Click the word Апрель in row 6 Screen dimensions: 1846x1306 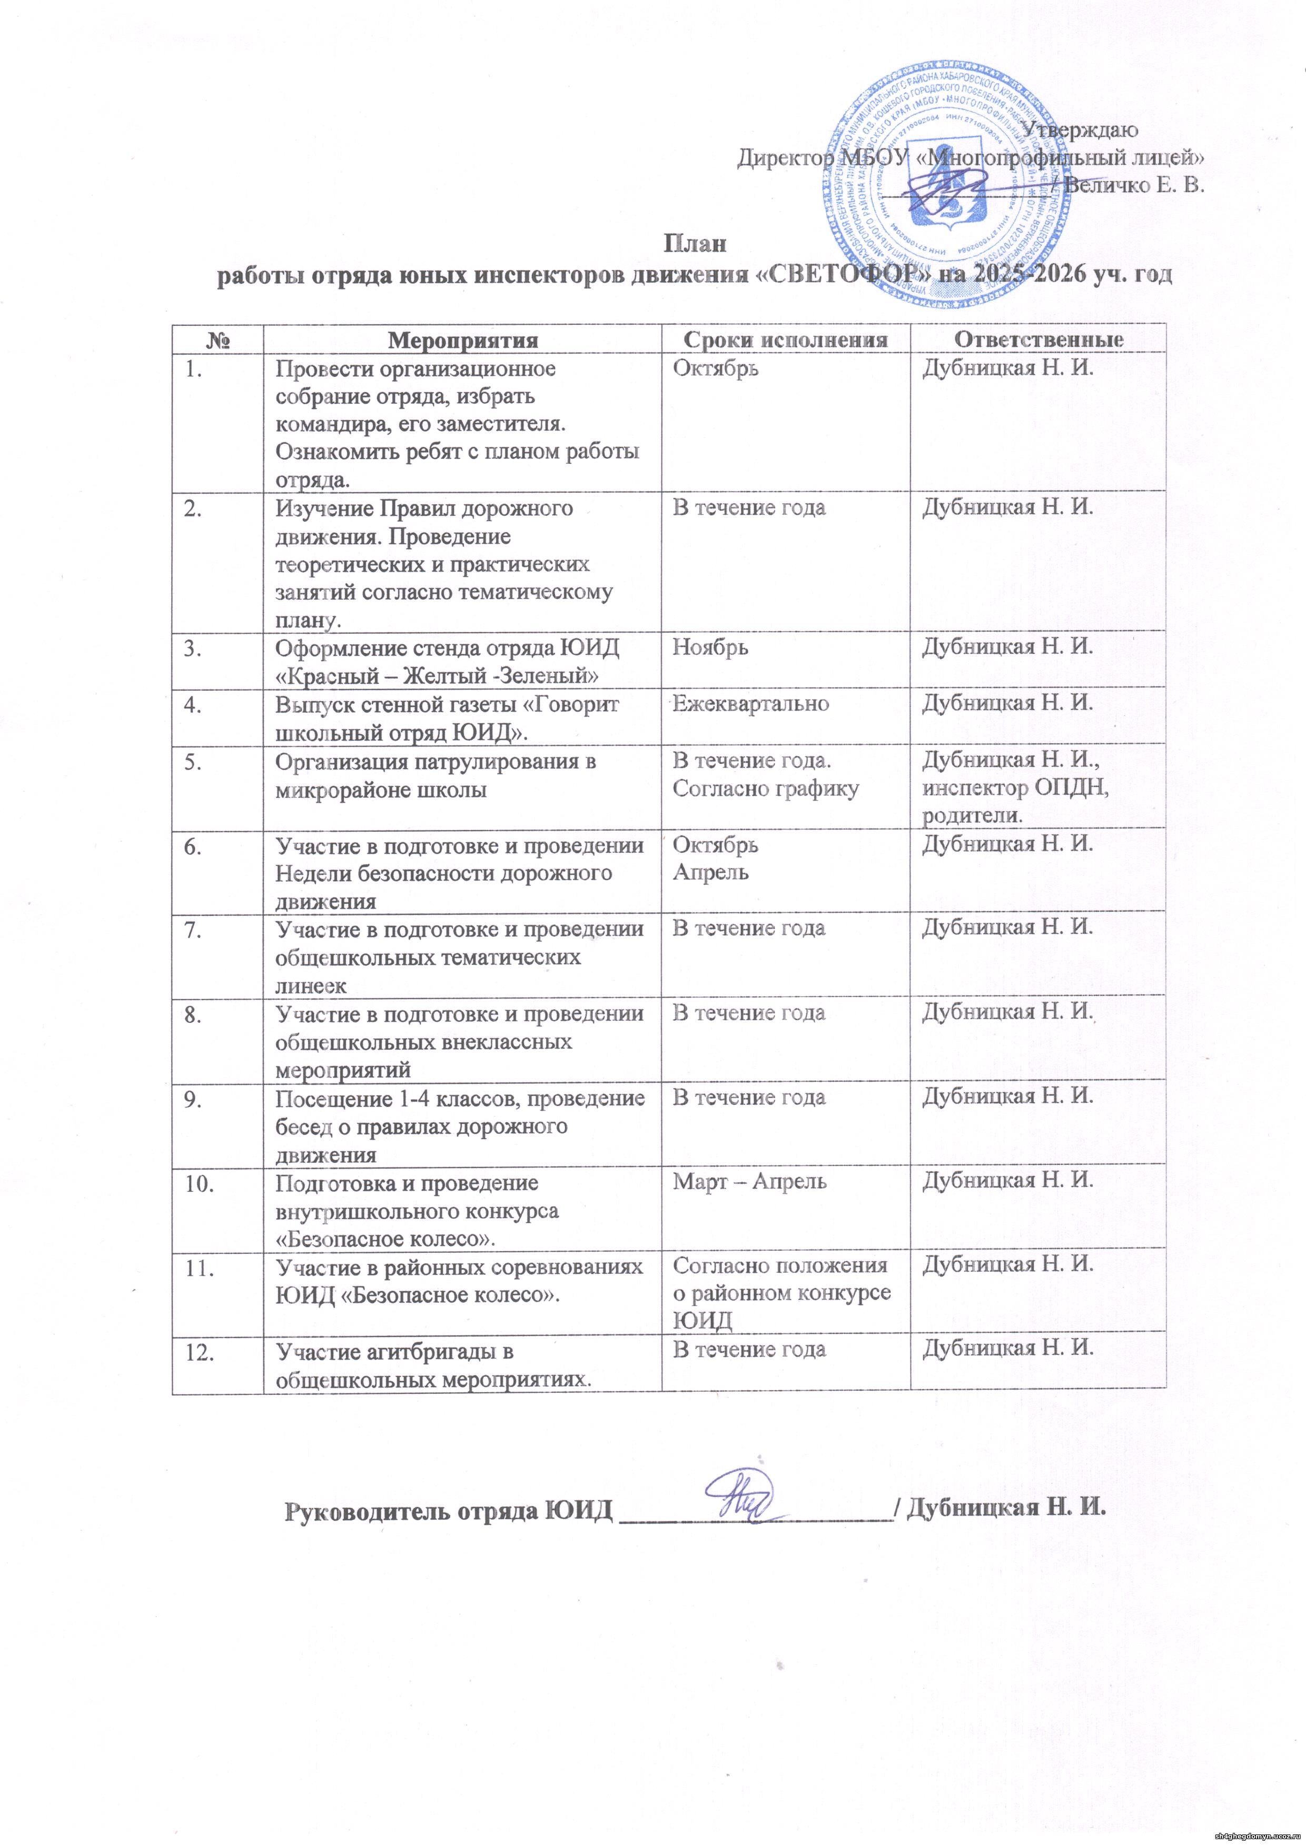point(710,872)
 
